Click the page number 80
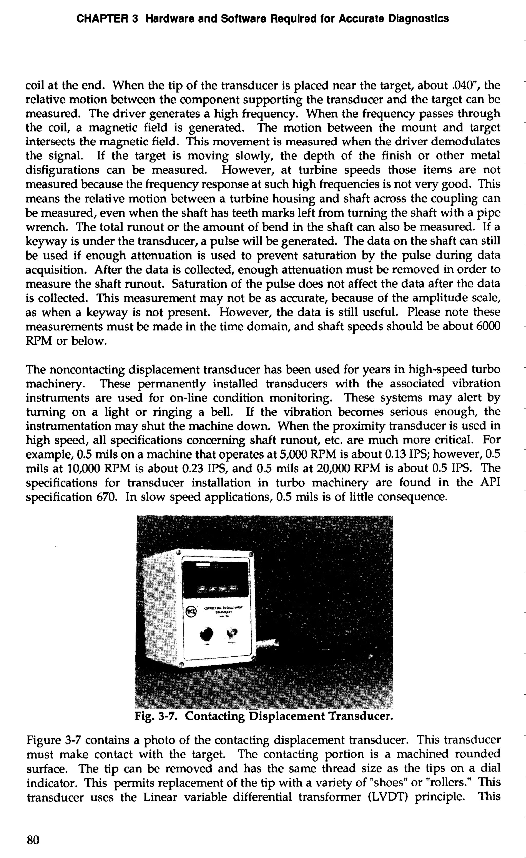[x=33, y=840]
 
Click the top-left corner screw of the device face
[x=178, y=553]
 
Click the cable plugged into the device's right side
[x=268, y=643]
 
